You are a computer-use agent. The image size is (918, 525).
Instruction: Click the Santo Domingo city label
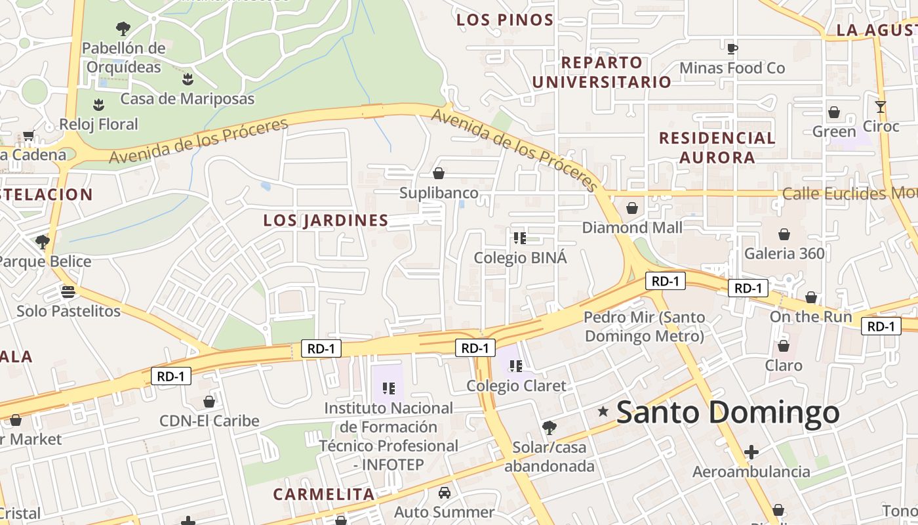coord(728,413)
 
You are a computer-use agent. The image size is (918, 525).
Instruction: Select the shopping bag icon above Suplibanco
coord(439,173)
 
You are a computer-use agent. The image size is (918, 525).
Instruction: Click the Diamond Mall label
coord(632,228)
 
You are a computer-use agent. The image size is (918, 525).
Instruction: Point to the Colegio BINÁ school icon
coord(520,238)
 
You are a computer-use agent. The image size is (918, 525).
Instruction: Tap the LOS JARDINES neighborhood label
coord(326,220)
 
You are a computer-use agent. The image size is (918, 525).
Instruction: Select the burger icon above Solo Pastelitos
coord(68,291)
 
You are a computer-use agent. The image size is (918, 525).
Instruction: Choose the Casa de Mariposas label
coord(188,99)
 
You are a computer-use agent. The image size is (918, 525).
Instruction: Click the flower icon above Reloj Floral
coord(98,104)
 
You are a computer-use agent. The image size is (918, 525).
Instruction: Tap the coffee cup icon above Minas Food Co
coord(732,49)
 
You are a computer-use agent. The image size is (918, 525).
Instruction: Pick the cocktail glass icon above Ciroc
coord(880,107)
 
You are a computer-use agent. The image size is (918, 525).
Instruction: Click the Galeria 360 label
coord(784,253)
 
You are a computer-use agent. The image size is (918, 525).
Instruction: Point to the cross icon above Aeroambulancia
coord(751,452)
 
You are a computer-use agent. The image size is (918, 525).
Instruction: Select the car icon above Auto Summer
coord(444,492)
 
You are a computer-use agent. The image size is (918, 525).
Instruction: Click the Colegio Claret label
coord(516,386)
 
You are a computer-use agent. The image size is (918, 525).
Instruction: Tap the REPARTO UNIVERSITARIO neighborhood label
coord(601,72)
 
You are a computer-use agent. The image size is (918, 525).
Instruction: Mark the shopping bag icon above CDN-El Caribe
coord(209,402)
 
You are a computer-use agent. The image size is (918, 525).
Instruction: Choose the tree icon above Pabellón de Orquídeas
coord(123,29)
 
